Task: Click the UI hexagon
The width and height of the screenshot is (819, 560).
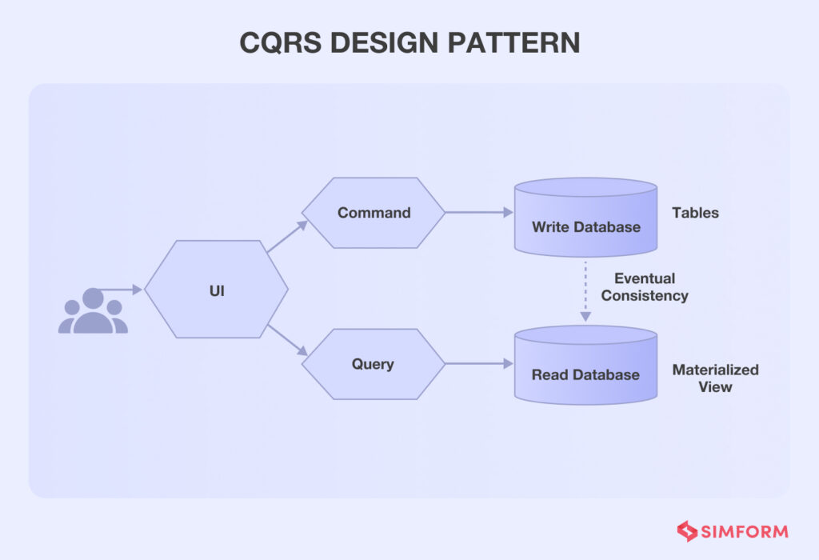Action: [x=216, y=289]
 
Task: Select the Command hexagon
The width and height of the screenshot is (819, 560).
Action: [x=374, y=213]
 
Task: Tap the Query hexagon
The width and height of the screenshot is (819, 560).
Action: [x=374, y=364]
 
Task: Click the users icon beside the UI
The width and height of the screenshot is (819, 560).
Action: [x=93, y=311]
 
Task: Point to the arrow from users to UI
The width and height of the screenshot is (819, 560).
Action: [x=120, y=289]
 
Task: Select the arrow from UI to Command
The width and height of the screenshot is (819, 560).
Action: [x=286, y=237]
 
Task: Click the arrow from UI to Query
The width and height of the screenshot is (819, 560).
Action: [x=286, y=339]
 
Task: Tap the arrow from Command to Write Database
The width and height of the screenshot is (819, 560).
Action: [x=478, y=213]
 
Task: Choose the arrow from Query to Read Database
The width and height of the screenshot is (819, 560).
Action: [x=478, y=364]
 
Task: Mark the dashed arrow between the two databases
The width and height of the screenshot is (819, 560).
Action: [x=585, y=290]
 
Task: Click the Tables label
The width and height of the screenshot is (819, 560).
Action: [x=695, y=213]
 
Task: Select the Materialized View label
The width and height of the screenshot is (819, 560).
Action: [x=715, y=378]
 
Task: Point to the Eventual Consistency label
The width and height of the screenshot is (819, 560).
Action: [x=645, y=287]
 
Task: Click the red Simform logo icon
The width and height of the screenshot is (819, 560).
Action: [x=687, y=531]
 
